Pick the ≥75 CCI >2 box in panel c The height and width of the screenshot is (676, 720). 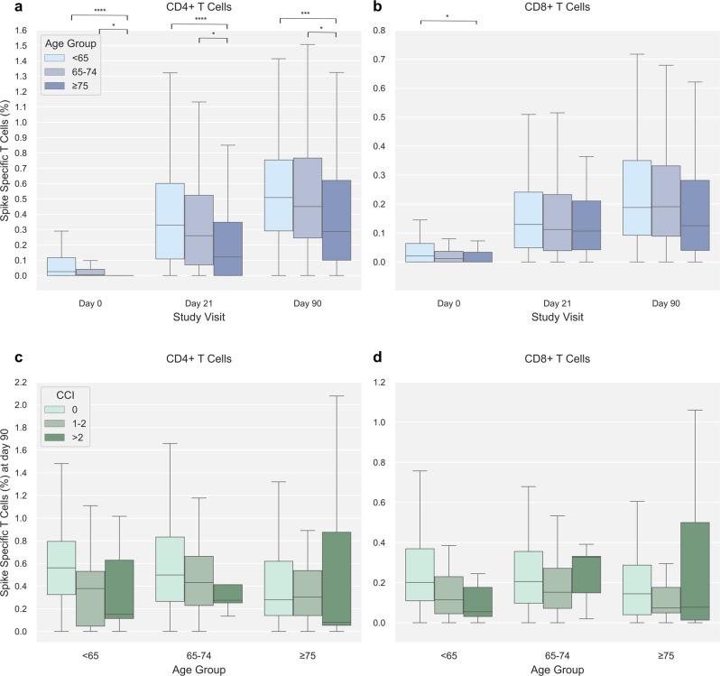click(336, 578)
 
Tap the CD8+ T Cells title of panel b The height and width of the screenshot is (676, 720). click(544, 7)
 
